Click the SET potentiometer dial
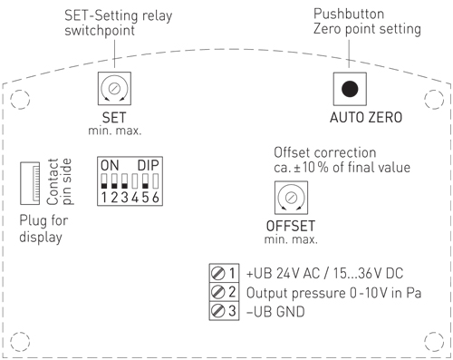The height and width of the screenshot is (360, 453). (x=115, y=89)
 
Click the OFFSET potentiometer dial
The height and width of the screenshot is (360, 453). (x=289, y=196)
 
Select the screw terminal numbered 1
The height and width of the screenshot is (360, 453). (x=217, y=273)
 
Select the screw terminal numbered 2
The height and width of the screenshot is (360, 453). (x=217, y=292)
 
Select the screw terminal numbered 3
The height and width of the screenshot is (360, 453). (x=217, y=311)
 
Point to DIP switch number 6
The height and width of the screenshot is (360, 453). (x=156, y=181)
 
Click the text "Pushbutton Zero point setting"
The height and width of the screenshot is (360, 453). (x=366, y=22)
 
